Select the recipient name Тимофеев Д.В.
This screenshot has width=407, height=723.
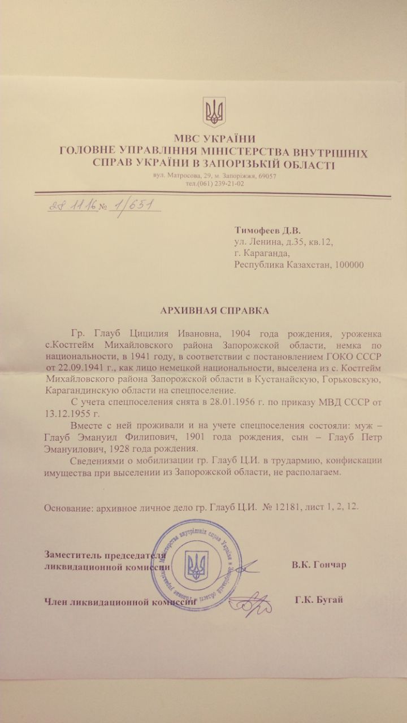click(267, 230)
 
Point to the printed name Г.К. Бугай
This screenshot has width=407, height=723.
click(318, 600)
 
